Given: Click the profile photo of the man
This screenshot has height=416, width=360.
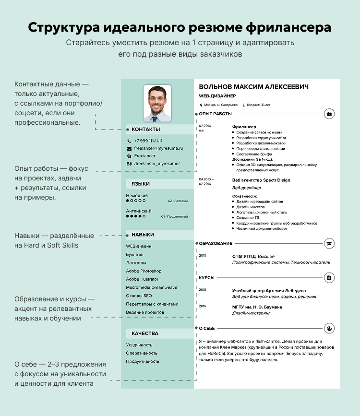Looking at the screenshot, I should tap(157, 103).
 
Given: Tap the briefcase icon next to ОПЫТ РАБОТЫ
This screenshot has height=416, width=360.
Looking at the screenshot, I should tap(330, 114).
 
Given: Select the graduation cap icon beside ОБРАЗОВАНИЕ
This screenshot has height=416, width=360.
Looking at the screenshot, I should tap(330, 244).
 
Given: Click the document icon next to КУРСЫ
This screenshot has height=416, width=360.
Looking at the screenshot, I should tap(330, 278).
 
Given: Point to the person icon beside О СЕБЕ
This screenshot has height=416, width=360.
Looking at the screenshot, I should tap(330, 328).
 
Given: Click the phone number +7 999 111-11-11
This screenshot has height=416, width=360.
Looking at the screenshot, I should tap(148, 141).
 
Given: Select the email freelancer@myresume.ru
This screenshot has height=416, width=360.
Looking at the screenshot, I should tap(158, 149).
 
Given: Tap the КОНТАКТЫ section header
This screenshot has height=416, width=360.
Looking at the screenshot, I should tap(146, 129).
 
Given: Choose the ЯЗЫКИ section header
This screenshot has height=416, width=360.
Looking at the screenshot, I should tap(141, 184).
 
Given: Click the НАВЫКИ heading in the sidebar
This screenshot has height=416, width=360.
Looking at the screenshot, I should tap(143, 235).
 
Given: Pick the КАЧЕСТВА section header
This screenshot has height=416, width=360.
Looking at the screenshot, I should tap(145, 333).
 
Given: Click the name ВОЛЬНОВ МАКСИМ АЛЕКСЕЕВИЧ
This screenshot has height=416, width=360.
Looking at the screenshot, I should tap(253, 87).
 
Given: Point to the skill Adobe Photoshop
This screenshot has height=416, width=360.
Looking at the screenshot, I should tap(144, 271).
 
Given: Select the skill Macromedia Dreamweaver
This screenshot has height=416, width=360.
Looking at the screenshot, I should tap(152, 287).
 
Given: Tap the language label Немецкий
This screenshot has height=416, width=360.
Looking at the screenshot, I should tap(137, 195).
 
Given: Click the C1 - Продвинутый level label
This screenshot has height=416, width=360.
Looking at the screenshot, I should tap(174, 216).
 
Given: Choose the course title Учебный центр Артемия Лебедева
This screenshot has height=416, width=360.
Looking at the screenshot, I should tap(269, 290).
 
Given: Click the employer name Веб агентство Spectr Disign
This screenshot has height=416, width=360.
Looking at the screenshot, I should tap(261, 180).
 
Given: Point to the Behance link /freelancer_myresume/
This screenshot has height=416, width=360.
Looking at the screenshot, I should tap(156, 164).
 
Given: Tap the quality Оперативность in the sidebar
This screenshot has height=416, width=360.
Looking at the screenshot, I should tap(143, 353).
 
